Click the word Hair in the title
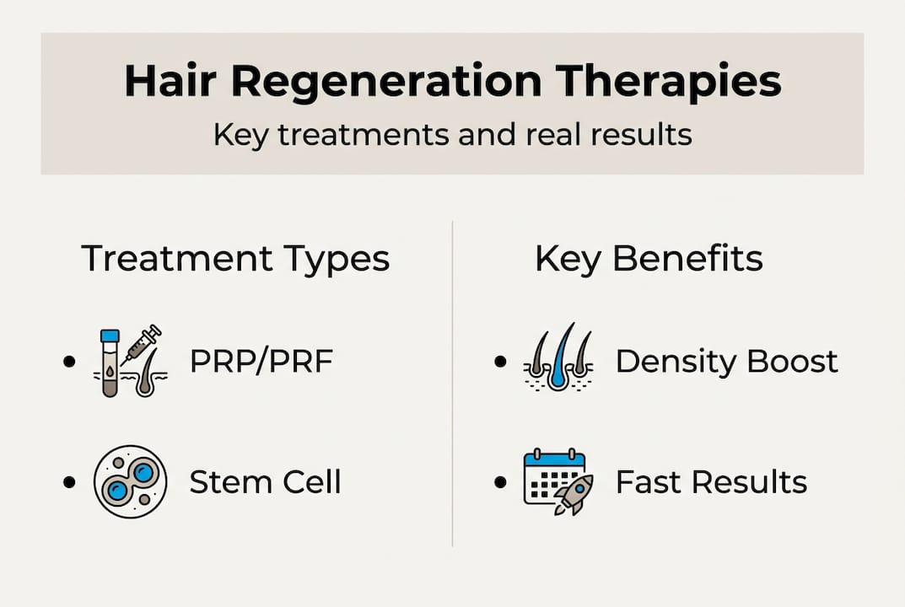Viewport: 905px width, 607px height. [x=170, y=80]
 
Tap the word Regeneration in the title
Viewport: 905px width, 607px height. [x=386, y=82]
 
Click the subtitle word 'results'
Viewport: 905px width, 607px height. [x=642, y=134]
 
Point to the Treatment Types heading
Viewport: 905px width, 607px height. [x=235, y=259]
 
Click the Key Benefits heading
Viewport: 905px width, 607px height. [x=649, y=259]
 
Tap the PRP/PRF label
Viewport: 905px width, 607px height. [x=261, y=361]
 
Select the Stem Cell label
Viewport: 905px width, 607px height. [x=265, y=481]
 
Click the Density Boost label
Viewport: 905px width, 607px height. [x=727, y=362]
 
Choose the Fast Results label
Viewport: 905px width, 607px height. [x=711, y=481]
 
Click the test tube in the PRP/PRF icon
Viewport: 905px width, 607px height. [x=110, y=363]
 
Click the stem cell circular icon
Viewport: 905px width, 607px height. [x=131, y=481]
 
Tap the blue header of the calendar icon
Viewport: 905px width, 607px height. [x=554, y=459]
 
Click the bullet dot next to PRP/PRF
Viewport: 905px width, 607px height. [x=69, y=362]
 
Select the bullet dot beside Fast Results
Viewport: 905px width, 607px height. [x=500, y=481]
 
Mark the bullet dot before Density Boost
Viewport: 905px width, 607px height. [x=500, y=362]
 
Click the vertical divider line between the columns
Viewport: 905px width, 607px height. [x=452, y=384]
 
